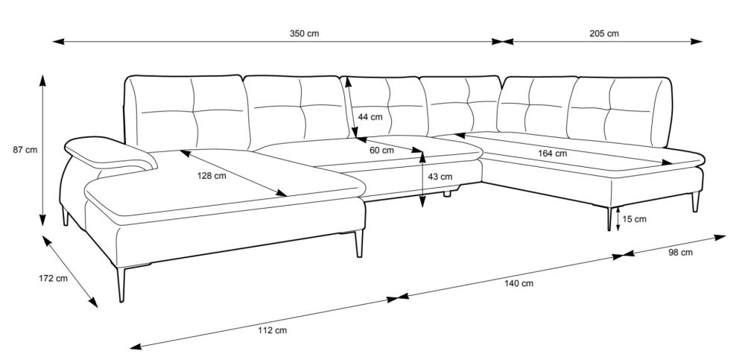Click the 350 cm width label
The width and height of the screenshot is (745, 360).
[x=304, y=34]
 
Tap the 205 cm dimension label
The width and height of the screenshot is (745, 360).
[x=604, y=34]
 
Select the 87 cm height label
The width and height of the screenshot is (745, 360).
[x=25, y=150]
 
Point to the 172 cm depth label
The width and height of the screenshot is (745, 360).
[x=53, y=278]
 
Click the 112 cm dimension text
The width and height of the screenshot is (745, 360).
[x=272, y=330]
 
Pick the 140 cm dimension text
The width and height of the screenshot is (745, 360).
[x=519, y=283]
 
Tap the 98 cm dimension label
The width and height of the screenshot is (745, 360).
[x=680, y=253]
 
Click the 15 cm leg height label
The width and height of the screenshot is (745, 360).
[x=634, y=219]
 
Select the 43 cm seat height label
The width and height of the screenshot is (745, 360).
[x=440, y=177]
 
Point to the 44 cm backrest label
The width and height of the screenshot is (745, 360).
[x=370, y=117]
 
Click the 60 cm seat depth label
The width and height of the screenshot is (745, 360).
[x=381, y=151]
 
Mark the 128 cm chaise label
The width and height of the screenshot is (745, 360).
[x=212, y=175]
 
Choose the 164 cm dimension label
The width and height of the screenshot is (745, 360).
[x=552, y=153]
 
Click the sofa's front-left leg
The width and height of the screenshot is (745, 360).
[x=121, y=285]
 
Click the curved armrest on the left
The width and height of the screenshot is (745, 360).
[x=110, y=153]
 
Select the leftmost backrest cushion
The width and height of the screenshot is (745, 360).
[x=188, y=113]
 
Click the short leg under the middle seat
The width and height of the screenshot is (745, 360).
[x=447, y=193]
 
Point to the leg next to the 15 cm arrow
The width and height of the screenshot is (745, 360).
[x=609, y=219]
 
